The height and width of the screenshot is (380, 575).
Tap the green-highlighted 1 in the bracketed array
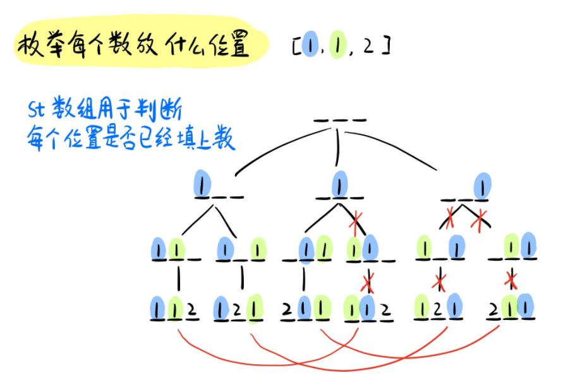[x=338, y=46]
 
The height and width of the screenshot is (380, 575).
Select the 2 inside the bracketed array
[x=368, y=46]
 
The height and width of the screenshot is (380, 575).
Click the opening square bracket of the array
[x=296, y=47]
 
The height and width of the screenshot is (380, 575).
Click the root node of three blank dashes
[x=339, y=120]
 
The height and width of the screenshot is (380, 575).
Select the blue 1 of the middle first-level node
[x=340, y=184]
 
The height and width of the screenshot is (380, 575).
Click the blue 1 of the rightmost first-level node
[x=483, y=186]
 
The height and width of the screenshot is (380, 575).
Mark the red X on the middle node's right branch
[x=356, y=220]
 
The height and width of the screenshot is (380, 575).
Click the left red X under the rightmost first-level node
[x=451, y=220]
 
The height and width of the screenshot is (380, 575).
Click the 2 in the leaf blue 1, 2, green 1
[x=238, y=310]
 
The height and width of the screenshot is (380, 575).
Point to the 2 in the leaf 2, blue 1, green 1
[x=287, y=310]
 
